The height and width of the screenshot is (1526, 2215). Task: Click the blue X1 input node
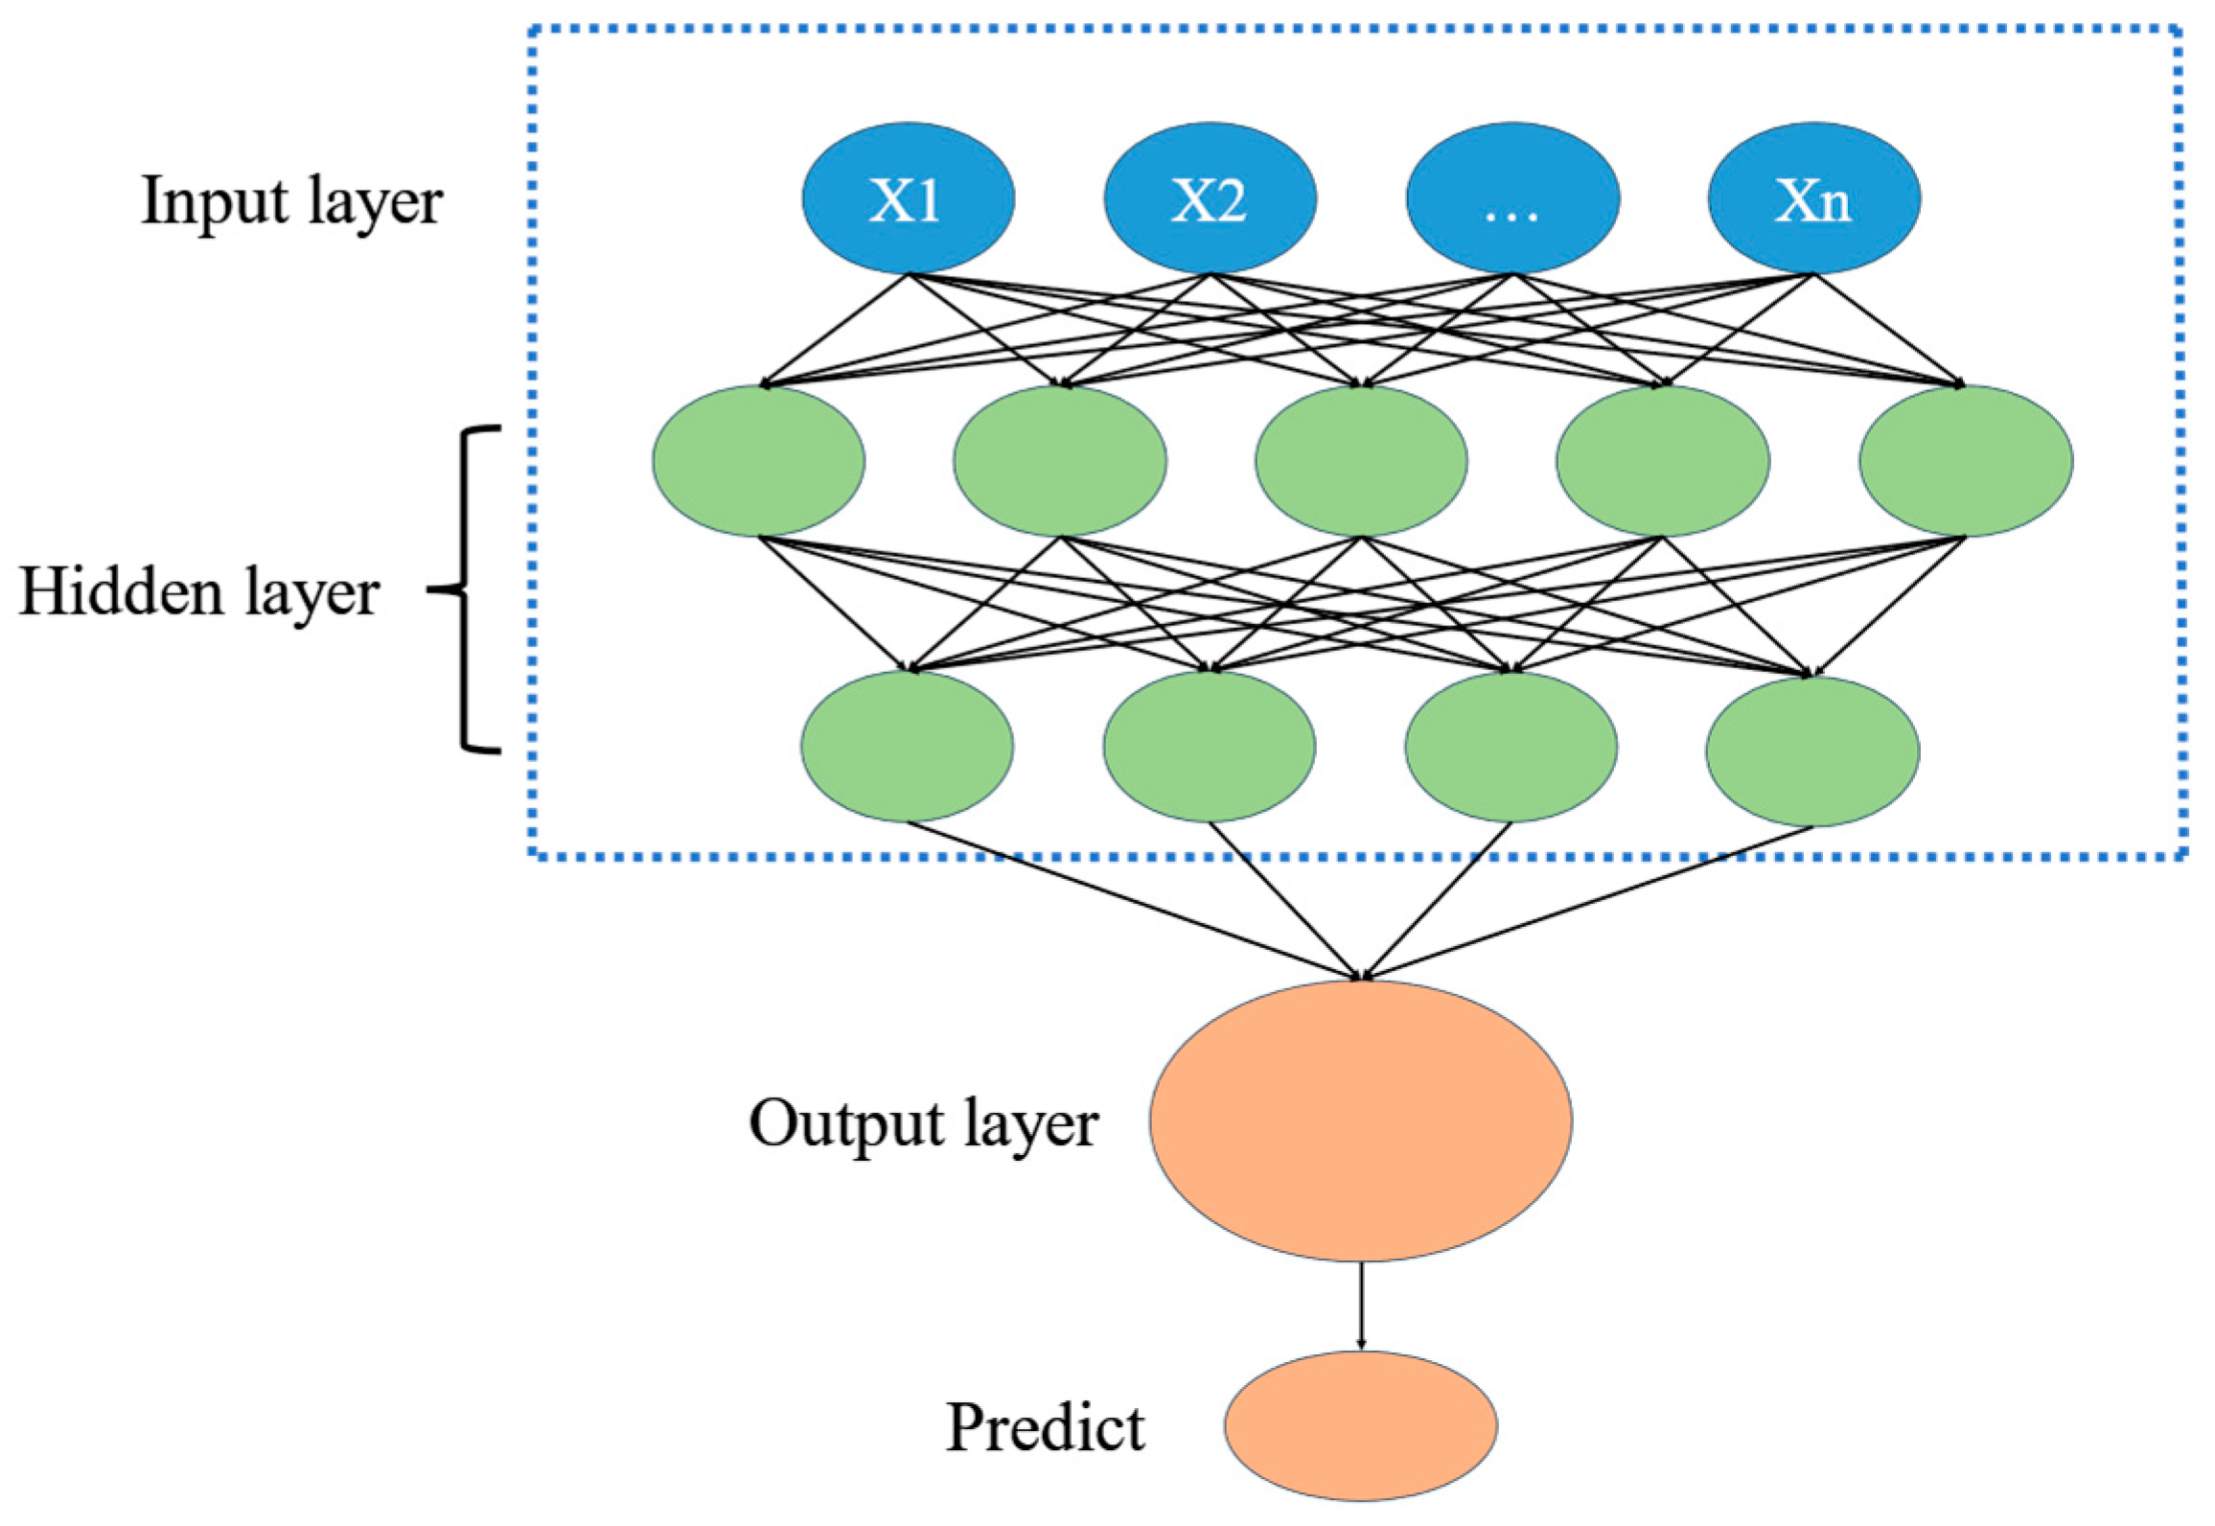coord(908,197)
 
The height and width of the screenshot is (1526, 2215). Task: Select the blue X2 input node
coord(1210,197)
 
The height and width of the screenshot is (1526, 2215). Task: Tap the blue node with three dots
coord(1512,197)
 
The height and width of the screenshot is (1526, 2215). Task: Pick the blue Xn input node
coord(1813,197)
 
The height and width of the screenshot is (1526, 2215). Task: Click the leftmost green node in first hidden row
coord(759,460)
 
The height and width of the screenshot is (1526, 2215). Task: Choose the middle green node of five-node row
coord(1361,460)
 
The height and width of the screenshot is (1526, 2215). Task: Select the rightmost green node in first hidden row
coord(1966,460)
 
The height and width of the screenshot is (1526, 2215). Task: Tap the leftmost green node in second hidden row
coord(907,746)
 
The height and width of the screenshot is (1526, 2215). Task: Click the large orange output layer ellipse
coord(1361,1120)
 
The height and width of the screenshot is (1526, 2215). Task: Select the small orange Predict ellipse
coord(1360,1425)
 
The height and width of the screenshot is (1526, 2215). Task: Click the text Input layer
coord(292,203)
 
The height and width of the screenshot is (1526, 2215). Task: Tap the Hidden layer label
coord(199,592)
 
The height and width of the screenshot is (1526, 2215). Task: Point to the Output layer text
coord(923,1123)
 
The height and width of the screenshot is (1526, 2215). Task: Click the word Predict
coord(1046,1428)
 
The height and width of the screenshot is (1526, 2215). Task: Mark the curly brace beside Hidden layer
coord(470,589)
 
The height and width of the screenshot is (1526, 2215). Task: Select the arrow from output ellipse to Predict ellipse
coord(1361,1306)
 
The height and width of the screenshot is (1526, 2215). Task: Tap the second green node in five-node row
coord(1060,460)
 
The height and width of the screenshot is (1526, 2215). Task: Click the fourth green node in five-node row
coord(1663,460)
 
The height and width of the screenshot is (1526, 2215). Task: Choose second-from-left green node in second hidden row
coord(1210,746)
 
